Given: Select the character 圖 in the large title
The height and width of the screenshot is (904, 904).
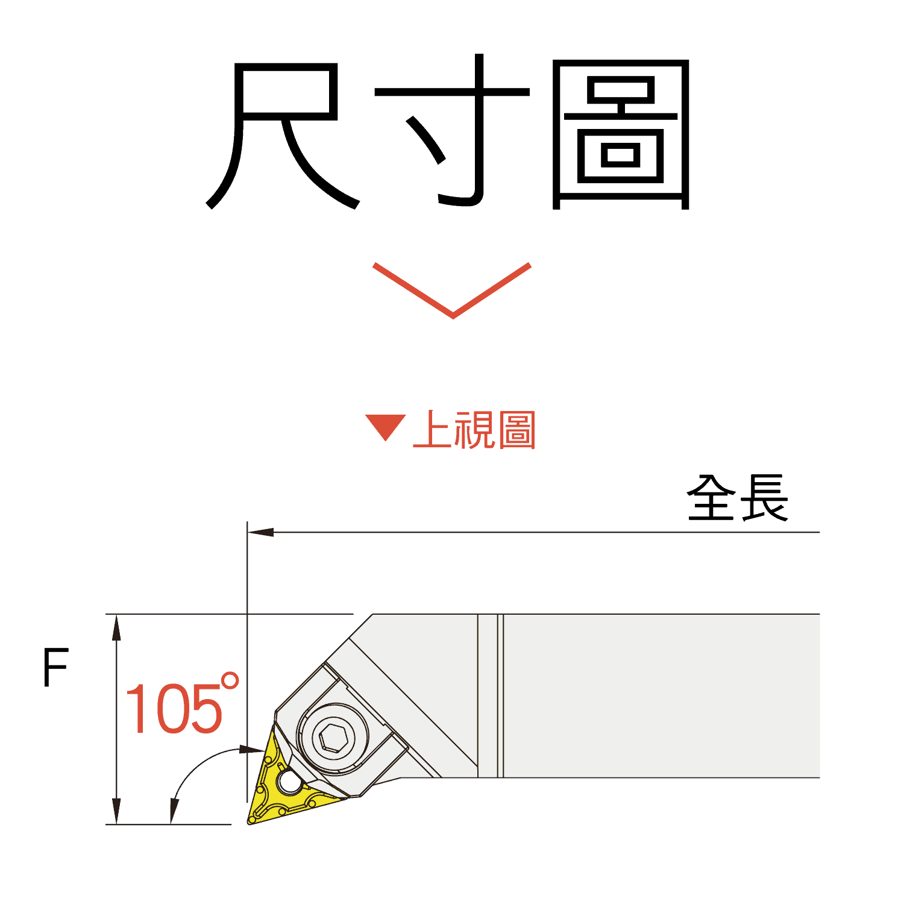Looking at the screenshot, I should click(x=621, y=134).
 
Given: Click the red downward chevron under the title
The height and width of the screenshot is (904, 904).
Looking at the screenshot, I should click(x=452, y=289).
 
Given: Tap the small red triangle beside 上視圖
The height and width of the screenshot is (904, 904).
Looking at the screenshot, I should click(x=385, y=427).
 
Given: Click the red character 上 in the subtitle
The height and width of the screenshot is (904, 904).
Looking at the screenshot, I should click(x=432, y=430).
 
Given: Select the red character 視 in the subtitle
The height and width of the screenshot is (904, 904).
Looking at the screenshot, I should click(x=474, y=430).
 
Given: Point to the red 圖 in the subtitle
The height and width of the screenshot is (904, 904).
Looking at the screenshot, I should click(x=516, y=430).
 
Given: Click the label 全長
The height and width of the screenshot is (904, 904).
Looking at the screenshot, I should click(x=737, y=498).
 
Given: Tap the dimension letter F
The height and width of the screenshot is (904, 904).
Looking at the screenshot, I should click(x=55, y=668).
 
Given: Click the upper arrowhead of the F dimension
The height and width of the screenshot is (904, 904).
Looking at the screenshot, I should click(x=116, y=627).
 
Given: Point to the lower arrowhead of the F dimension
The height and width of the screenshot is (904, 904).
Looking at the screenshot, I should click(x=116, y=812).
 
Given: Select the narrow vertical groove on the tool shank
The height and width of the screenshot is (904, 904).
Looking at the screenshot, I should click(x=500, y=696).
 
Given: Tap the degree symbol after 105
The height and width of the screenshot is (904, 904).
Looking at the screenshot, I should click(x=230, y=682).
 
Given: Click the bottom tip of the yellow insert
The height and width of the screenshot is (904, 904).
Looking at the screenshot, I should click(x=251, y=821).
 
